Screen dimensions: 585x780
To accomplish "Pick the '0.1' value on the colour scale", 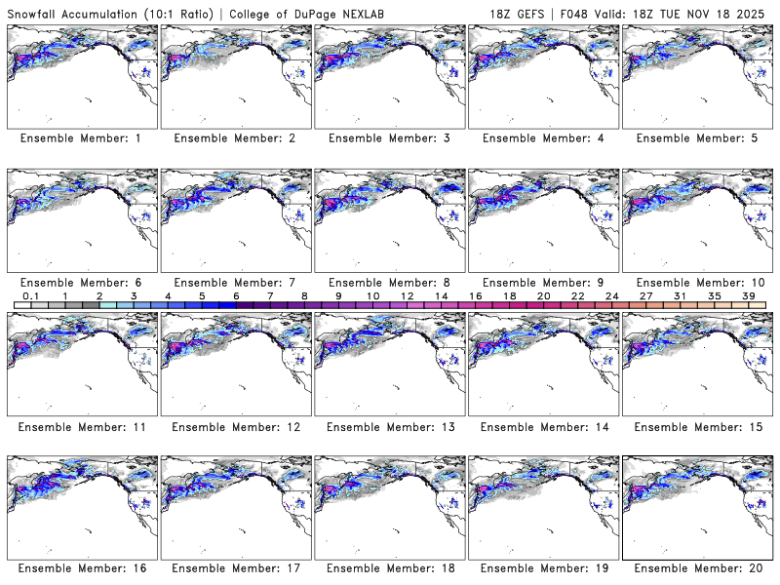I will tap(30, 295).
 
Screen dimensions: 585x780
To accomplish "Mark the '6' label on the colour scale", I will tap(236, 295).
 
